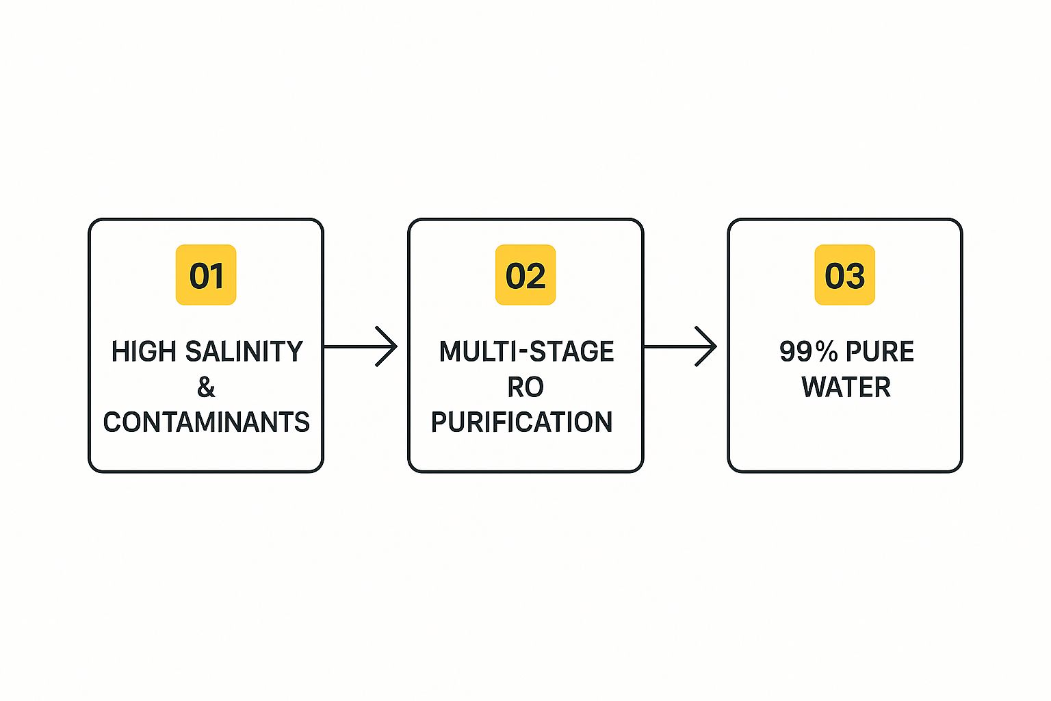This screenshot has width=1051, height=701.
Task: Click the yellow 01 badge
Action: pyautogui.click(x=206, y=275)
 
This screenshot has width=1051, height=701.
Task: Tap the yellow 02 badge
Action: pyautogui.click(x=525, y=275)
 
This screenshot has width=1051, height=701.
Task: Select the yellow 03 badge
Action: pyautogui.click(x=844, y=275)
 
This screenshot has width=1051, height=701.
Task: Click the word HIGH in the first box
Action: pyautogui.click(x=144, y=352)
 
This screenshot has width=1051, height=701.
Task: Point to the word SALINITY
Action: pyautogui.click(x=244, y=352)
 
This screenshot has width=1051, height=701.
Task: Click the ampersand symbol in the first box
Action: pyautogui.click(x=206, y=387)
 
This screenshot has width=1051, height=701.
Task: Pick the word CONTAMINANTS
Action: pyautogui.click(x=206, y=422)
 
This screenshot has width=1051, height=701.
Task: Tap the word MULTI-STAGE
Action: pyautogui.click(x=526, y=352)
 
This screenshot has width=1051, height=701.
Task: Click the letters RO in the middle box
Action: pyautogui.click(x=525, y=387)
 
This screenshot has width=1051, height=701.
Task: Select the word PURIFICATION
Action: pyautogui.click(x=521, y=422)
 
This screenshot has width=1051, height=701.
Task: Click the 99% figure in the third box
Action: pyautogui.click(x=808, y=352)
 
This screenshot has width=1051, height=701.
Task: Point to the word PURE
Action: pyautogui.click(x=880, y=352)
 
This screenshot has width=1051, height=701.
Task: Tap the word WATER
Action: pyautogui.click(x=846, y=387)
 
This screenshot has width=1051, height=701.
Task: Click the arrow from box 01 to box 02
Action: pyautogui.click(x=360, y=346)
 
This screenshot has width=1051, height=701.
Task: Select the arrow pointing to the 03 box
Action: pyautogui.click(x=679, y=346)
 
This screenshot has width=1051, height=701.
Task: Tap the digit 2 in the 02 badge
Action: pyautogui.click(x=536, y=275)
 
